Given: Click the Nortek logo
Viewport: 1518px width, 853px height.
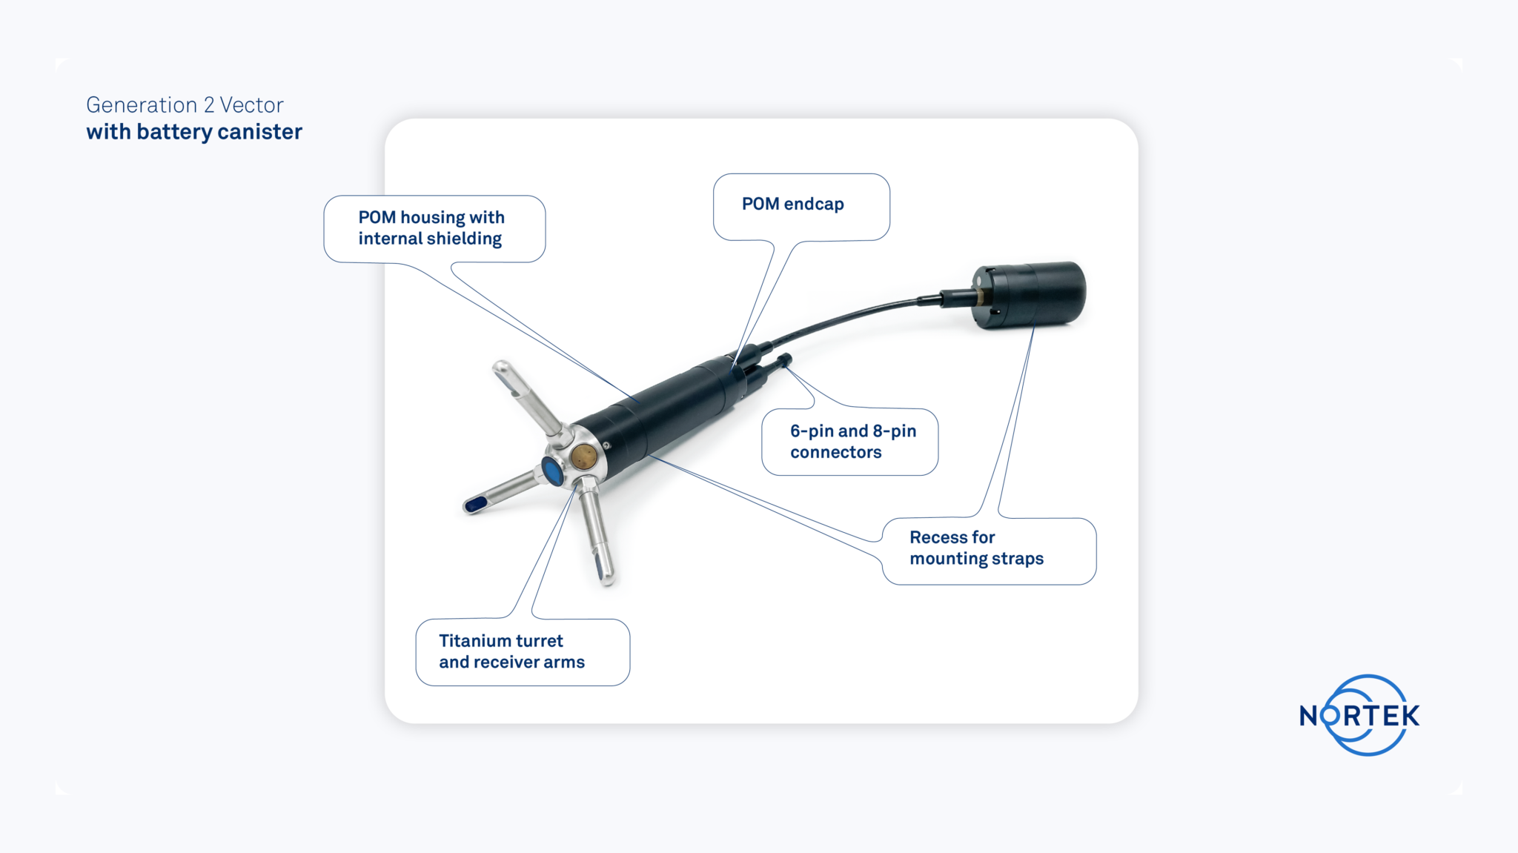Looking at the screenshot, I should pos(1360,715).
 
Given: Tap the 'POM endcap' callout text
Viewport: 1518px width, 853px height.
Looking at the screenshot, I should pos(792,204).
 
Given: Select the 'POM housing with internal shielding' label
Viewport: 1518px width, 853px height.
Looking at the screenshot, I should pos(431,228).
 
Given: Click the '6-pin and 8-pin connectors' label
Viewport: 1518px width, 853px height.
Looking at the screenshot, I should pos(852,441).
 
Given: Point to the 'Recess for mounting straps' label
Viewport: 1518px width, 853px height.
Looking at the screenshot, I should pos(976,548).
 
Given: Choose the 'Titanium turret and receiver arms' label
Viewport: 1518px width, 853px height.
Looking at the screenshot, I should pos(511,651).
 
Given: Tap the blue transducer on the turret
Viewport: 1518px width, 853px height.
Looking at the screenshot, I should pos(552,471).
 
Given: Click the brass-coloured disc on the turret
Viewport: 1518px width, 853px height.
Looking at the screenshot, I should pos(584,456).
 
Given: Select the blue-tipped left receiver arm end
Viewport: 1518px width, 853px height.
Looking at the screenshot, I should pos(475,505).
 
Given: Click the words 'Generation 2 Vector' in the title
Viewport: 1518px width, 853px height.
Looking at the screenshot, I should pos(185,104).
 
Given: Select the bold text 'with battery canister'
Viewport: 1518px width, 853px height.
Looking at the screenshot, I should pos(194,132).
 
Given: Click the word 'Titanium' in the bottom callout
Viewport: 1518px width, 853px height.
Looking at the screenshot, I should pos(471,640).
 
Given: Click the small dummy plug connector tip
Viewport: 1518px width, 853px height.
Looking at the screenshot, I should pos(785,360).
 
